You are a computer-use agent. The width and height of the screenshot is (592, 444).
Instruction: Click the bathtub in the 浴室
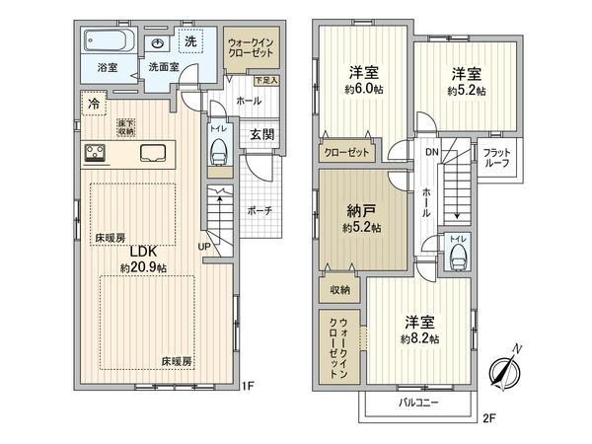click(x=108, y=44)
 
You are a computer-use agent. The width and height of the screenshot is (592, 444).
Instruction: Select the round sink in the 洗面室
click(x=159, y=44)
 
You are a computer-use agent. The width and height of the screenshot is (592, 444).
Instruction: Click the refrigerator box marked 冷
click(x=92, y=101)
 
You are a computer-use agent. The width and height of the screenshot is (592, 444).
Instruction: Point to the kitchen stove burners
click(x=97, y=152)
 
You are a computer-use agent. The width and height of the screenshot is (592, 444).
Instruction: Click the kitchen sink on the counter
click(x=156, y=152)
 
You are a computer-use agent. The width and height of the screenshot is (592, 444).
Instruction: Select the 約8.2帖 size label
click(x=420, y=338)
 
